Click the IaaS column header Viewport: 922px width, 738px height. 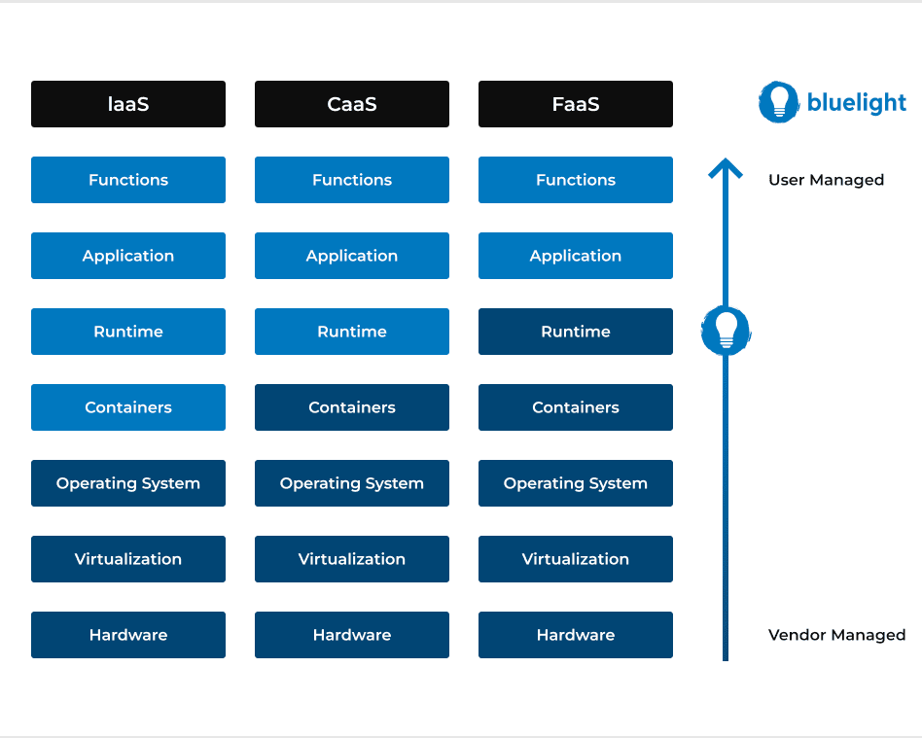(128, 104)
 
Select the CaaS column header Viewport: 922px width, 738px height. (352, 104)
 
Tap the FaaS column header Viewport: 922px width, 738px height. (576, 104)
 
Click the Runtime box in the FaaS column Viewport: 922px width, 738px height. (576, 332)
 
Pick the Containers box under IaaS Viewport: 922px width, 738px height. (128, 407)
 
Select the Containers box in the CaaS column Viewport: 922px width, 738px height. (352, 407)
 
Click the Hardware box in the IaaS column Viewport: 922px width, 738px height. (128, 635)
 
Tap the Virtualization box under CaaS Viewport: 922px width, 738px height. (352, 559)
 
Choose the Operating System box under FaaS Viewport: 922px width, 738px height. (576, 483)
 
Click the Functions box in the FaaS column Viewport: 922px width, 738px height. (576, 180)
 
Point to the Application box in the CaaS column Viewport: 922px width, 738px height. (352, 256)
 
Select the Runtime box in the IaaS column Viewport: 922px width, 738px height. (128, 332)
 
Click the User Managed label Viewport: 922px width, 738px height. (826, 180)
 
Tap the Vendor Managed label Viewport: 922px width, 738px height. (836, 635)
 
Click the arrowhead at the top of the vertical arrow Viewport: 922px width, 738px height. (726, 168)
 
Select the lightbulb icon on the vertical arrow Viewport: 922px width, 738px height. (726, 331)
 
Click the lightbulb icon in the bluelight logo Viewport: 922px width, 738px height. (779, 102)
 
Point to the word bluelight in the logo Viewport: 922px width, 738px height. (857, 103)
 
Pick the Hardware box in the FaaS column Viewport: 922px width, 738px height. (576, 635)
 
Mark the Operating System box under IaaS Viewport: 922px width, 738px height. (128, 483)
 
